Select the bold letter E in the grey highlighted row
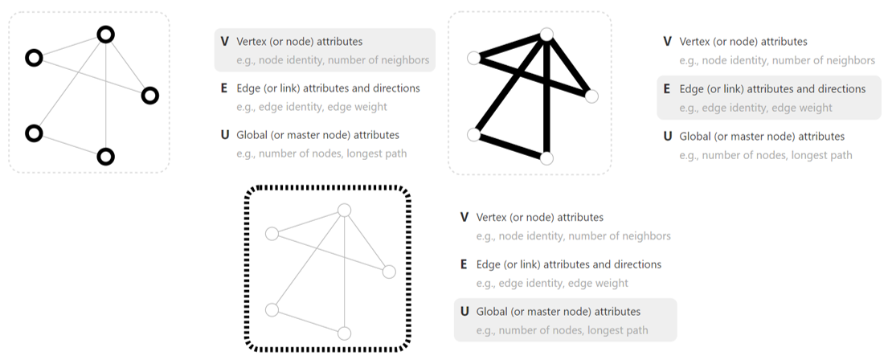click(667, 89)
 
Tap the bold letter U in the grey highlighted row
click(464, 311)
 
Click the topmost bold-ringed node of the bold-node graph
click(106, 35)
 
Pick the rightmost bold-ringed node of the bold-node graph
click(149, 96)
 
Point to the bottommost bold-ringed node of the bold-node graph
click(105, 157)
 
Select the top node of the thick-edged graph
click(546, 34)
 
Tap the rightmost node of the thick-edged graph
click(591, 96)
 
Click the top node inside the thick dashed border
click(344, 210)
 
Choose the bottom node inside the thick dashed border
click(344, 333)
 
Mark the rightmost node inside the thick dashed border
click(389, 272)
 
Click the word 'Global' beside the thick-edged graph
click(694, 137)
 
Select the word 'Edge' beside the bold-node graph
click(248, 88)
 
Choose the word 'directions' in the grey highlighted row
click(841, 89)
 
